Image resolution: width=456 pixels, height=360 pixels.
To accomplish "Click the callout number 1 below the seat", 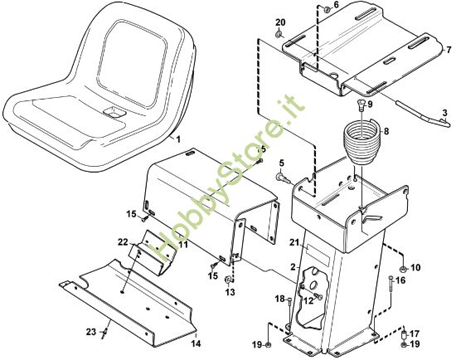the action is click(178, 139).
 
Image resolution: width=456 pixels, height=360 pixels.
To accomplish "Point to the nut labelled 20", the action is click(279, 35).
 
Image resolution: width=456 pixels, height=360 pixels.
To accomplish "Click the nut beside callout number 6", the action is click(327, 10).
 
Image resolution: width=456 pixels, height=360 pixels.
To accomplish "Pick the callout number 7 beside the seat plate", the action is click(449, 49).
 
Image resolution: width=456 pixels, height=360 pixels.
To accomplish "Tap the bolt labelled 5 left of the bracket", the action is click(283, 178).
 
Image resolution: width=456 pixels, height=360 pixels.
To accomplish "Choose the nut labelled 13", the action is click(227, 280).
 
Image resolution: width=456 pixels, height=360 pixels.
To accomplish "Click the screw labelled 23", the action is click(105, 333).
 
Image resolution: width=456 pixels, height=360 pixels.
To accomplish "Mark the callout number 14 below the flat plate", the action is click(196, 343).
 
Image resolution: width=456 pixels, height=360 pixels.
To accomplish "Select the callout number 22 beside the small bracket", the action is click(123, 242).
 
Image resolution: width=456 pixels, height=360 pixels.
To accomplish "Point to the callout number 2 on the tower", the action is click(293, 266).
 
